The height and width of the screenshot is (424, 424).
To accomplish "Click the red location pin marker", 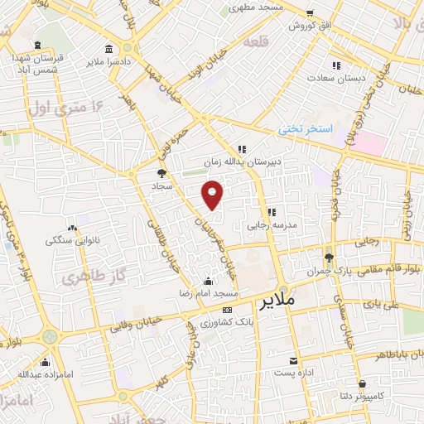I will pos(213,194).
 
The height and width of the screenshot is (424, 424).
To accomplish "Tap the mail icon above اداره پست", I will pos(294,361).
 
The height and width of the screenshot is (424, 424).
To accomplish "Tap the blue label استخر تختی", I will pos(304,130).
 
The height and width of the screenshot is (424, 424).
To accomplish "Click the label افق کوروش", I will pos(309,26).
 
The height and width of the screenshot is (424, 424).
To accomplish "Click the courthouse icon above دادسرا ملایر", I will pos(110,47).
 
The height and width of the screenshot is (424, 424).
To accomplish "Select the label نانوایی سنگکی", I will pos(72,241).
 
